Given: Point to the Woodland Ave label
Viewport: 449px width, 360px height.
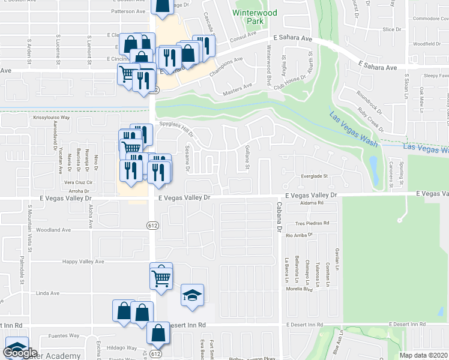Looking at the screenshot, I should pyautogui.click(x=53, y=230).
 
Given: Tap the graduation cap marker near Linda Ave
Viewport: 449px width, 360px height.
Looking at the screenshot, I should pyautogui.click(x=192, y=296).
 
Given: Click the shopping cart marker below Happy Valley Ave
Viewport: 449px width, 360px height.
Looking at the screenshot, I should pyautogui.click(x=161, y=277).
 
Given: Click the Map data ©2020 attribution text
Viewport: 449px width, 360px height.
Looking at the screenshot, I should pyautogui.click(x=424, y=355).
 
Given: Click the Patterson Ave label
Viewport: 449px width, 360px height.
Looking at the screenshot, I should pyautogui.click(x=128, y=11).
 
